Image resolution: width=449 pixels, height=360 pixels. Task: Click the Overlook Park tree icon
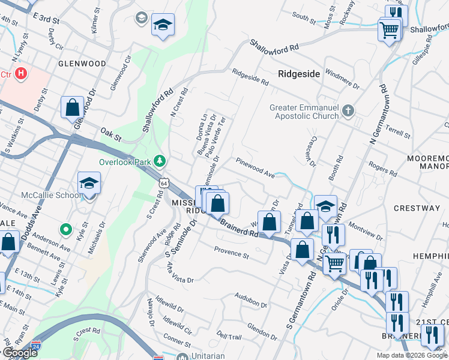tap(160, 160)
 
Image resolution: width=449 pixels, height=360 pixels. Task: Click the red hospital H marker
tap(21, 74)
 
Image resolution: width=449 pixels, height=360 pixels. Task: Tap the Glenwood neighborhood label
tap(82, 63)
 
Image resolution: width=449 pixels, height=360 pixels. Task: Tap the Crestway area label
tap(417, 208)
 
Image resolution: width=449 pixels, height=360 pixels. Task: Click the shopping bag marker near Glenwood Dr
tap(72, 108)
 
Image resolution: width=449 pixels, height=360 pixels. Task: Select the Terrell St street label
tap(398, 133)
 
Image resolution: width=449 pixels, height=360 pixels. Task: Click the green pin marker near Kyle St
tap(66, 230)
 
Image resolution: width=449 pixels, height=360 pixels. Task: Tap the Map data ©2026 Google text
tap(412, 355)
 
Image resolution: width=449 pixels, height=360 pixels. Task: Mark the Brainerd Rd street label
tap(239, 229)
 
